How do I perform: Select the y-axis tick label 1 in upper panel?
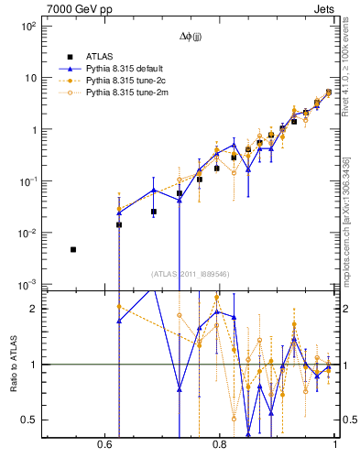32,130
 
